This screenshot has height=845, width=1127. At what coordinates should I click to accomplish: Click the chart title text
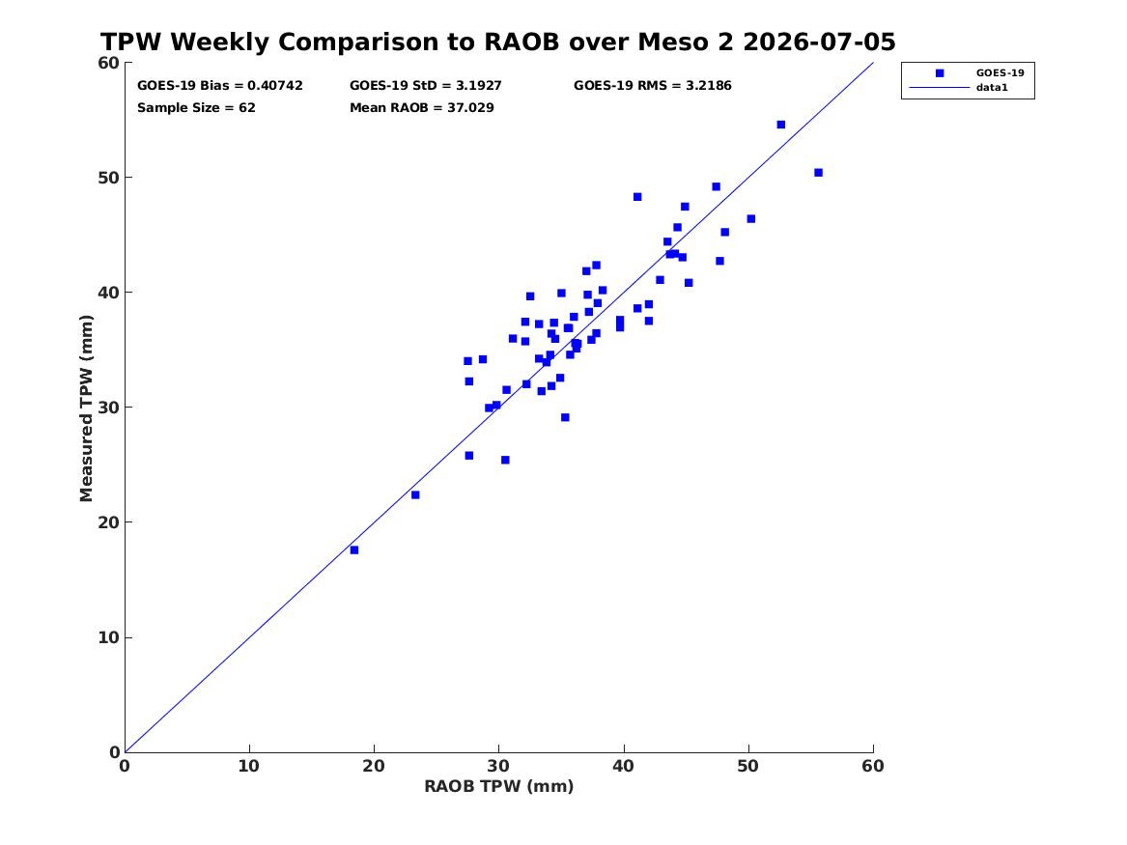click(497, 42)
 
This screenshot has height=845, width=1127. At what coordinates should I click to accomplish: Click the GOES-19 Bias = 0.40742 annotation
click(220, 86)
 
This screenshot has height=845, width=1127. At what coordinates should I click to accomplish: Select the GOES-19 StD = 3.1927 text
click(426, 86)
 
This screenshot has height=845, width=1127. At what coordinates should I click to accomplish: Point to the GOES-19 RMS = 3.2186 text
click(653, 86)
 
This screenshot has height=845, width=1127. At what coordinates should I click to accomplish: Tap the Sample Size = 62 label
click(196, 108)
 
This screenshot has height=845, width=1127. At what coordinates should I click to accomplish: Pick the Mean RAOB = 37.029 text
click(422, 108)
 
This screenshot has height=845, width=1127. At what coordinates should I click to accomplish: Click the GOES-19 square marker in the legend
click(940, 72)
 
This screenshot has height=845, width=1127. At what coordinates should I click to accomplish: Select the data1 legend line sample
click(940, 88)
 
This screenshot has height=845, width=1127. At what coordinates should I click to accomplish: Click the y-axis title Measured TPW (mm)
click(86, 408)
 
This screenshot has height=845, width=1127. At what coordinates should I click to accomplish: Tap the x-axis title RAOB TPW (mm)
click(499, 786)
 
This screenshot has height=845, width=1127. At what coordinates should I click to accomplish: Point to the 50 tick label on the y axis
click(108, 178)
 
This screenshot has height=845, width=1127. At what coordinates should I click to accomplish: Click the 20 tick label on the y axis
click(108, 522)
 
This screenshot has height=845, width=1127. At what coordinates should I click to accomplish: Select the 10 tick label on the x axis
click(249, 766)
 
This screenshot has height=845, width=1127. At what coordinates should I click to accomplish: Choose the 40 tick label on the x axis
click(623, 766)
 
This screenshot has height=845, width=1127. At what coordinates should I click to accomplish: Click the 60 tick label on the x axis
click(873, 766)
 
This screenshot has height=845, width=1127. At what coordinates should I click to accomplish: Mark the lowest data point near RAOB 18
click(354, 549)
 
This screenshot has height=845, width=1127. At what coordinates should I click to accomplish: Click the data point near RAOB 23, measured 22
click(415, 494)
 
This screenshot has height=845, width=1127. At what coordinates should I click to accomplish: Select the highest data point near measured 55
click(781, 125)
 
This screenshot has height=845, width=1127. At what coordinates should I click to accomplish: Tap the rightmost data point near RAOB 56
click(819, 173)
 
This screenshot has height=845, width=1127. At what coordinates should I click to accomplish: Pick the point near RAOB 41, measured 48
click(637, 197)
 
